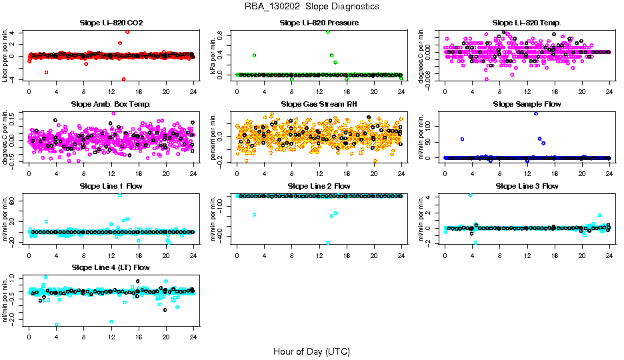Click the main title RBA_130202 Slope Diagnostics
[311, 6]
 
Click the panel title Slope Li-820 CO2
[111, 23]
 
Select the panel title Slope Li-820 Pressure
[319, 23]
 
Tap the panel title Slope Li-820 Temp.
[527, 23]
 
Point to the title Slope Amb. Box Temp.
[111, 104]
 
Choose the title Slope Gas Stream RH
[319, 104]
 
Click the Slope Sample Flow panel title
[527, 104]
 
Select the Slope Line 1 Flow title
[111, 186]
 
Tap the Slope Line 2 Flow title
[319, 186]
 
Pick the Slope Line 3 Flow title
[527, 186]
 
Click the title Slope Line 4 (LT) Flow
[111, 267]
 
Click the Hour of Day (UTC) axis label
[311, 351]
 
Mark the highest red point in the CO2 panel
[127, 32]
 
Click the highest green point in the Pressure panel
[328, 32]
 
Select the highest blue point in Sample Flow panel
[535, 113]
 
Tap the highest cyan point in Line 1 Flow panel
[120, 195]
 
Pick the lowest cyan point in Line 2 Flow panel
[328, 243]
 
